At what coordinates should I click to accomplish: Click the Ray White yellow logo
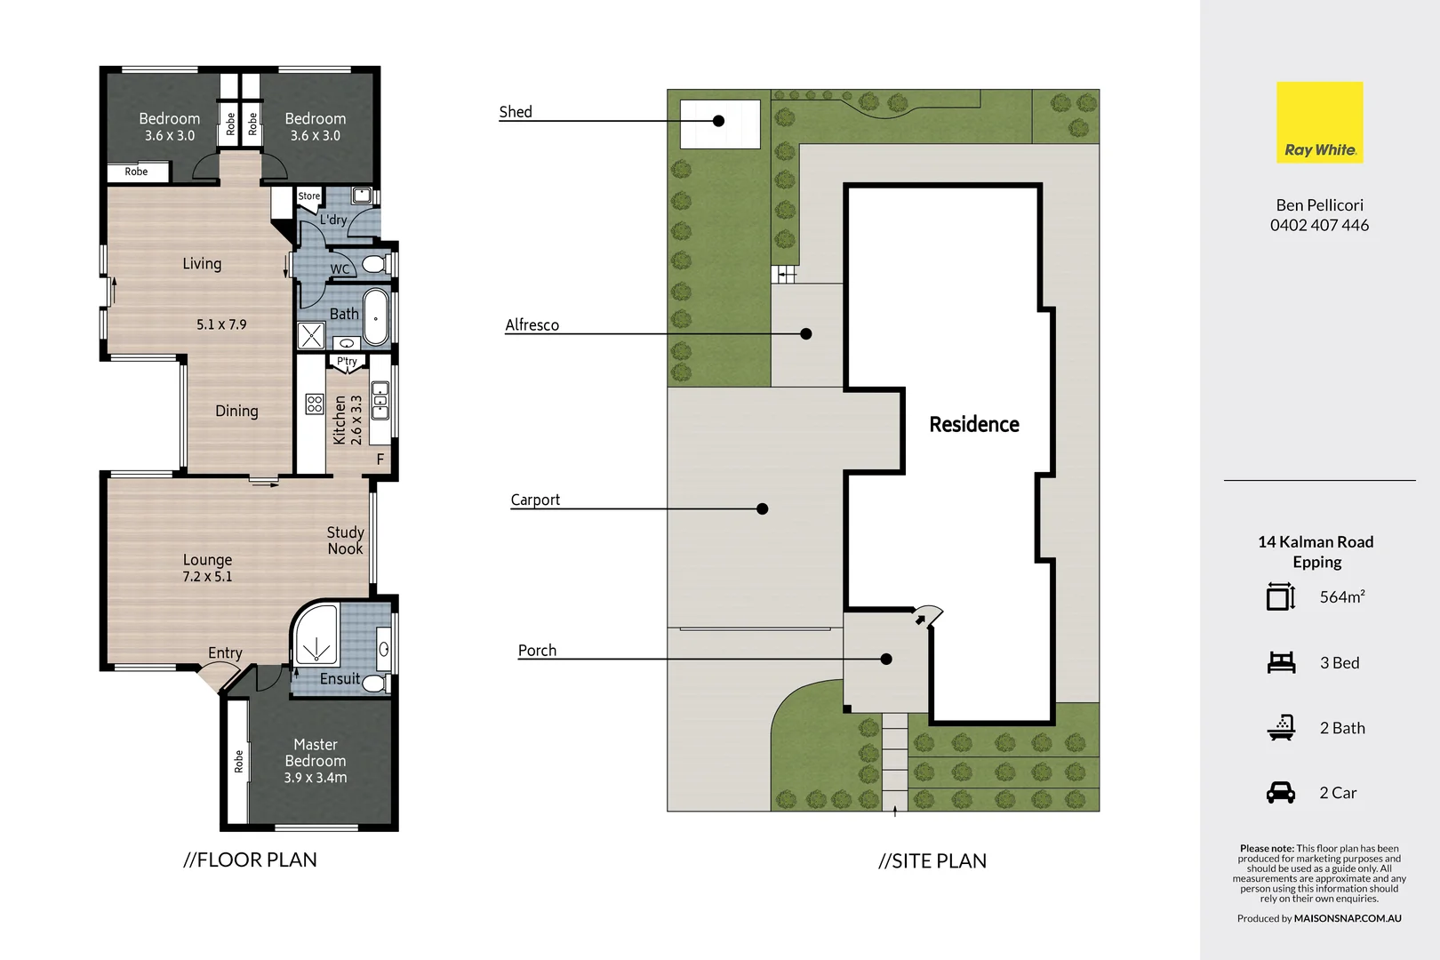click(x=1319, y=122)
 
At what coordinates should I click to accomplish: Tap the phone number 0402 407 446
click(x=1319, y=226)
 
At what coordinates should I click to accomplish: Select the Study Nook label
click(x=345, y=540)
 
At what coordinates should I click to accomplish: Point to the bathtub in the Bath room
click(x=377, y=316)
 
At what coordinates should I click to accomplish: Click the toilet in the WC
click(x=374, y=264)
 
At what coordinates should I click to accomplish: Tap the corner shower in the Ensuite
click(x=316, y=636)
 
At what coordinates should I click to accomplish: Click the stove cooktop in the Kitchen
click(x=314, y=404)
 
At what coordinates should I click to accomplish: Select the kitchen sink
click(x=380, y=401)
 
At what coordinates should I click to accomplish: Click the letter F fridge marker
click(x=380, y=460)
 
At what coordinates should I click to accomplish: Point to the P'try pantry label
click(x=347, y=362)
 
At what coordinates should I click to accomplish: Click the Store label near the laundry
click(x=308, y=196)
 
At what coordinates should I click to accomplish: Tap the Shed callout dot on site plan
click(x=718, y=121)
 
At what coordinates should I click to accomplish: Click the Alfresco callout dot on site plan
click(x=805, y=334)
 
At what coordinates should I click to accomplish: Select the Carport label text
click(x=535, y=500)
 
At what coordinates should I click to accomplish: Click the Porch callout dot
click(x=886, y=659)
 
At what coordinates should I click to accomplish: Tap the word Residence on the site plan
click(x=974, y=425)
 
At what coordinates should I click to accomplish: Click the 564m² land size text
click(x=1341, y=597)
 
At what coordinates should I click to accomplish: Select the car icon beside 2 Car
click(x=1281, y=792)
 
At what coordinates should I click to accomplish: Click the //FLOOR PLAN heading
click(x=250, y=860)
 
